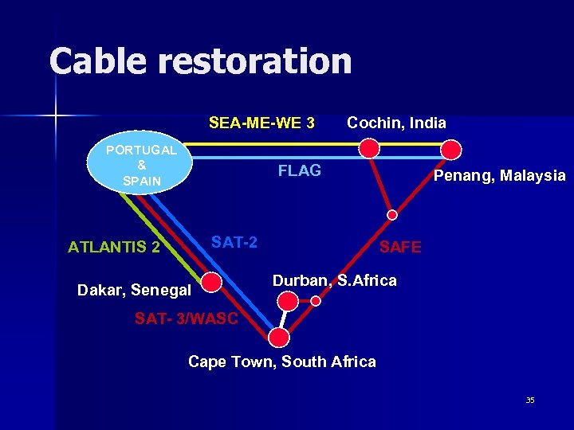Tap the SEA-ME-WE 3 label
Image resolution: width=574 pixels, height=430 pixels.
coord(261,123)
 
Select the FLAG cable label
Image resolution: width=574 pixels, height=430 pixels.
coord(299,171)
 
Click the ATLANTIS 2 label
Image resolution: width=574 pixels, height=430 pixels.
coord(114,247)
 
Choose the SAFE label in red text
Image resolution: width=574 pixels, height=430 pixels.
coord(400,248)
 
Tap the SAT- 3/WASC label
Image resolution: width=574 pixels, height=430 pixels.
coord(187,319)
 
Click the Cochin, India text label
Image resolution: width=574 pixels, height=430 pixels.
coord(396,123)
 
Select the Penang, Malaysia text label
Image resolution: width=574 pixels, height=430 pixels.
coord(499,175)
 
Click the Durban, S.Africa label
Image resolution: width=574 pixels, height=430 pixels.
coord(334,281)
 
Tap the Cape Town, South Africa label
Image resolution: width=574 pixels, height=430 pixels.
coord(281,362)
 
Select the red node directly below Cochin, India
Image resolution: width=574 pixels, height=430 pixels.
coord(369,147)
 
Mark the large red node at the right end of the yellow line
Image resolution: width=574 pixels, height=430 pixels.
coord(451,149)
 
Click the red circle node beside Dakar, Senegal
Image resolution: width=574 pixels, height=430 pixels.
coord(211,283)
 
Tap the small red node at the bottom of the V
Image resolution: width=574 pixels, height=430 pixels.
coord(392,214)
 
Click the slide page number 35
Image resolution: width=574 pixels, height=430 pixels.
coord(530,400)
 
